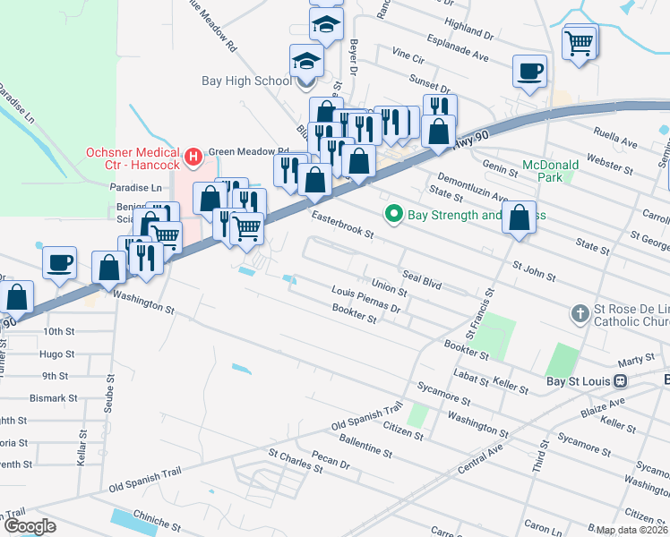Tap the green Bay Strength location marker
(x=391, y=215)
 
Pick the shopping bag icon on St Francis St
(x=520, y=217)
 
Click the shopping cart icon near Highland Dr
(x=580, y=41)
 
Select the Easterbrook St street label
(x=341, y=224)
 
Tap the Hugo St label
(x=56, y=354)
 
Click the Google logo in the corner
(x=29, y=526)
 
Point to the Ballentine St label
(x=362, y=448)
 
